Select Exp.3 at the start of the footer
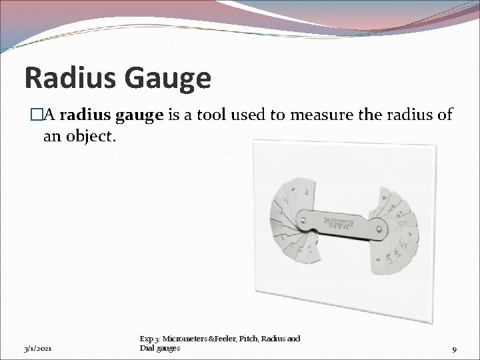[150, 339]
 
